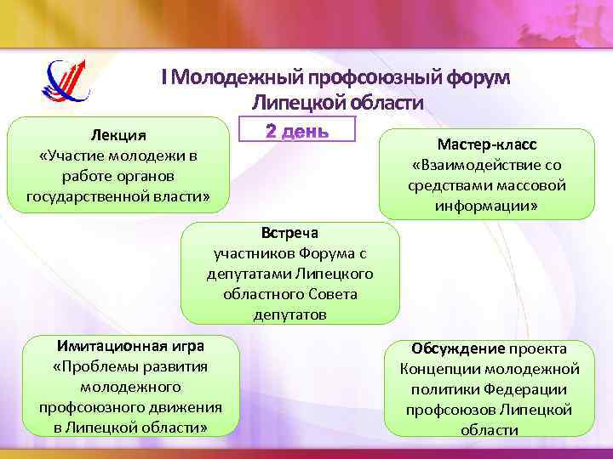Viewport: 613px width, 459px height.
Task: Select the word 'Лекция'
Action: click(x=118, y=137)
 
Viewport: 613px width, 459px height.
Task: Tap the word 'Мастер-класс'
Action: click(x=487, y=145)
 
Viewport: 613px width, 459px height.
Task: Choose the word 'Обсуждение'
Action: click(x=458, y=348)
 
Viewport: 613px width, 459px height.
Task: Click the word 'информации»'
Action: click(x=487, y=206)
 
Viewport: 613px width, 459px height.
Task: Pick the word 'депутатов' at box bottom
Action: click(x=289, y=314)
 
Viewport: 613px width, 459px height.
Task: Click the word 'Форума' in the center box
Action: click(x=327, y=253)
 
